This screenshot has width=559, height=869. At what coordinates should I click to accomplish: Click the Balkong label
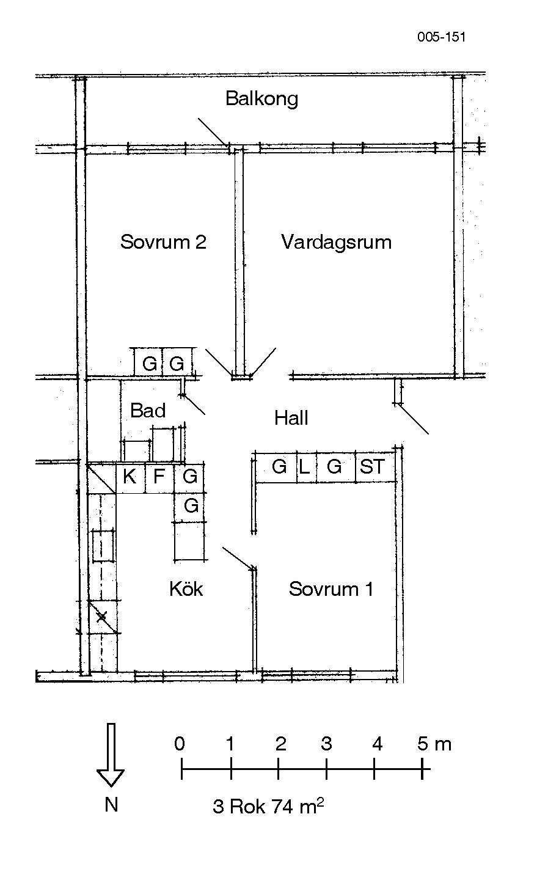tap(262, 98)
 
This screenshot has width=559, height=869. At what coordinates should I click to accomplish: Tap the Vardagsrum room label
tap(337, 242)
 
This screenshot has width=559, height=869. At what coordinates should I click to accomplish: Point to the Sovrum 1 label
tap(331, 589)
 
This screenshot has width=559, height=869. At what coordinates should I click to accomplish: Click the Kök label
tap(186, 588)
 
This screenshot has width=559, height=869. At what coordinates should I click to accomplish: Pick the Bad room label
tap(148, 411)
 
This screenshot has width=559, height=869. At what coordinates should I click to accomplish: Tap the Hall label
tap(291, 418)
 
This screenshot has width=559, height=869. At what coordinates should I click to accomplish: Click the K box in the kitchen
tap(131, 478)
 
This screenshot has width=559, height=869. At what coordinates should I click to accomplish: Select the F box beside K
tap(159, 478)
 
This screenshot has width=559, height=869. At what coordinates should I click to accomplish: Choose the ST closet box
tap(374, 467)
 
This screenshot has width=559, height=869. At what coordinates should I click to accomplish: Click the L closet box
tap(307, 467)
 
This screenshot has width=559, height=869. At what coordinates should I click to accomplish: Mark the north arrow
tap(111, 755)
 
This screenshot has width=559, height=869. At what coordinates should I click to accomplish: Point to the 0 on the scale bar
tap(180, 743)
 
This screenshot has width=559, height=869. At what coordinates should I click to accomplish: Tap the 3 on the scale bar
tap(327, 743)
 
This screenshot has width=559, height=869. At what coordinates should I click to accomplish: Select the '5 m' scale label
tap(434, 744)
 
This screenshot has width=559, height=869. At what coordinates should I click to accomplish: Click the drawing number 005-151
tap(442, 37)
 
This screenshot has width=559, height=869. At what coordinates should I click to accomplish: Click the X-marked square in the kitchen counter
tap(103, 617)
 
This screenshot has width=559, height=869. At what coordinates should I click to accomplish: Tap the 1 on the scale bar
tap(230, 743)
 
